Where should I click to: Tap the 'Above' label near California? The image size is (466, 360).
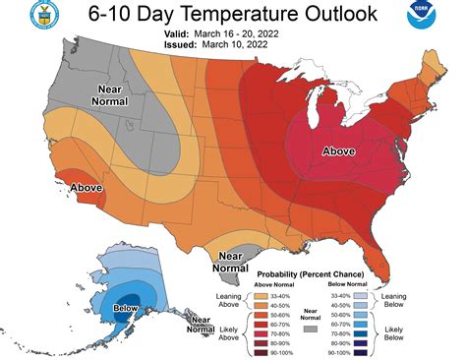(x=59, y=186)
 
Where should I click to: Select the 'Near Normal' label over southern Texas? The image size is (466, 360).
(x=229, y=262)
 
